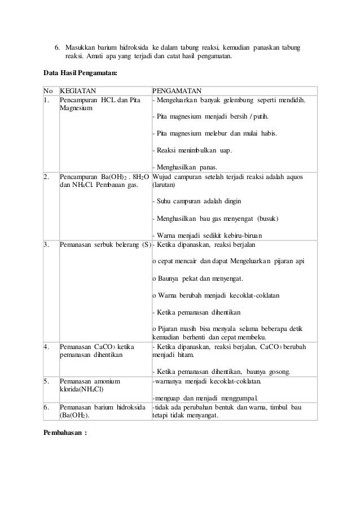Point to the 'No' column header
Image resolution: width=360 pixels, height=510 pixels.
(48, 90)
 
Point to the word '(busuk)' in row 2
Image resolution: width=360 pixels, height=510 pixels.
(268, 218)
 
